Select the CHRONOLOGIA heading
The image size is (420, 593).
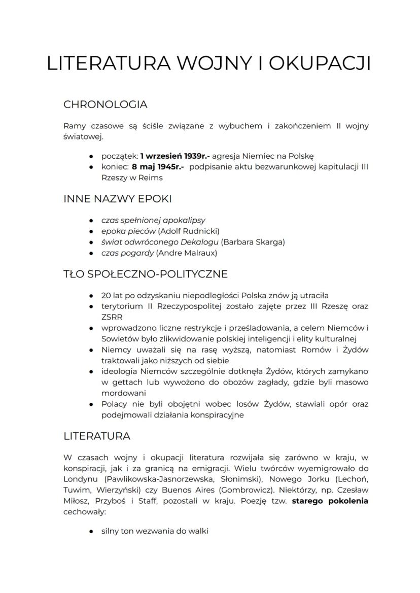click(105, 104)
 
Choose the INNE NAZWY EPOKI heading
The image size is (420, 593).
click(120, 199)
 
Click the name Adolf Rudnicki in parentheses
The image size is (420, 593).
click(188, 231)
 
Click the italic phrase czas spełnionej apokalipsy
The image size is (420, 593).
click(153, 220)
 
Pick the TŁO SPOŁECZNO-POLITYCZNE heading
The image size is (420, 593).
click(146, 274)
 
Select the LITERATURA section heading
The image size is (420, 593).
click(97, 436)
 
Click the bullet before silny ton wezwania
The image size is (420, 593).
click(90, 531)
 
